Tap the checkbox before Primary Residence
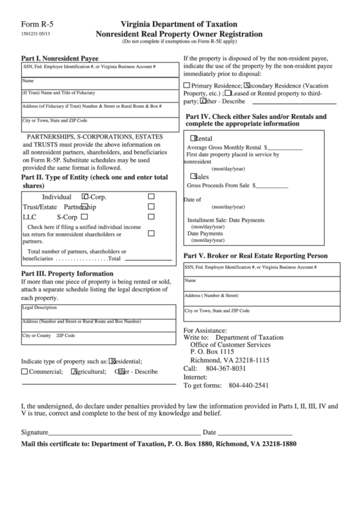(x=187, y=86)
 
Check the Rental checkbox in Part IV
(x=194, y=137)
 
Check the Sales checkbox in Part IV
(x=194, y=175)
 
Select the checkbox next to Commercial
(x=24, y=372)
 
